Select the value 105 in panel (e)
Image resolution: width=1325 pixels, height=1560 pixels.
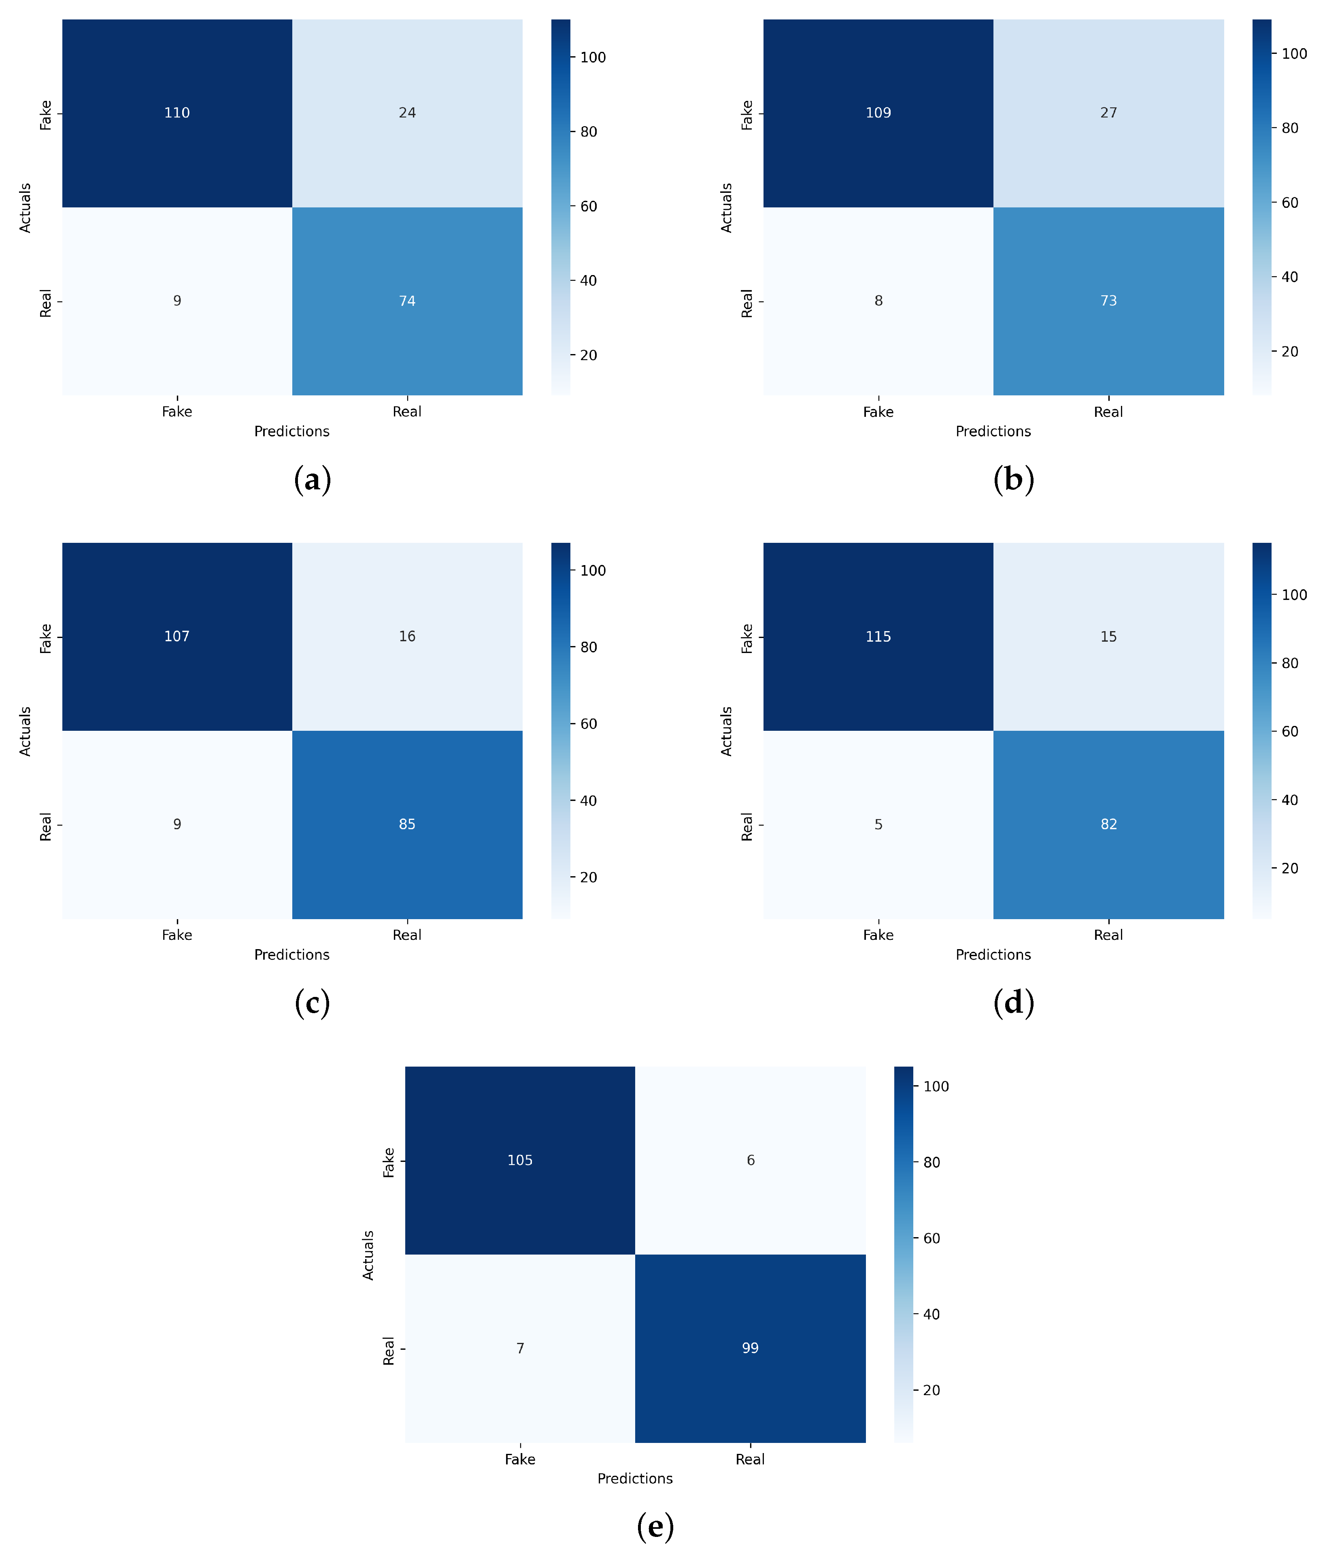[520, 1160]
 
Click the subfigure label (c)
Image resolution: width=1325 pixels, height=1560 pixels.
[313, 1003]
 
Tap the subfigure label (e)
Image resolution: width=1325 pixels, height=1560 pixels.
[655, 1526]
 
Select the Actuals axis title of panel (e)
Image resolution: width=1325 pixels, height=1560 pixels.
[368, 1255]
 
